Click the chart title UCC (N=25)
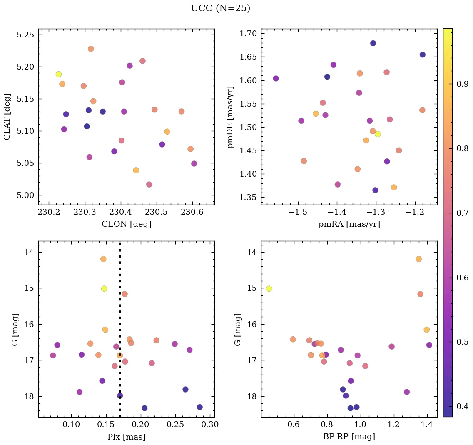click(220, 8)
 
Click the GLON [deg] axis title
click(126, 224)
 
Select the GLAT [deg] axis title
click(7, 117)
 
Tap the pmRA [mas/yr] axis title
click(349, 224)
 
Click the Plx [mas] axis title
click(126, 437)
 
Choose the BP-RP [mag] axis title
click(349, 437)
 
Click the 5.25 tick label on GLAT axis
click(25, 35)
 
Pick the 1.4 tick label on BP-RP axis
click(426, 425)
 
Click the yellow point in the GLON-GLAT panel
click(59, 74)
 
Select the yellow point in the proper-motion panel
click(378, 134)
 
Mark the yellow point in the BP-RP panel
click(269, 288)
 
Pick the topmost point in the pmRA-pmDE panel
click(373, 43)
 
